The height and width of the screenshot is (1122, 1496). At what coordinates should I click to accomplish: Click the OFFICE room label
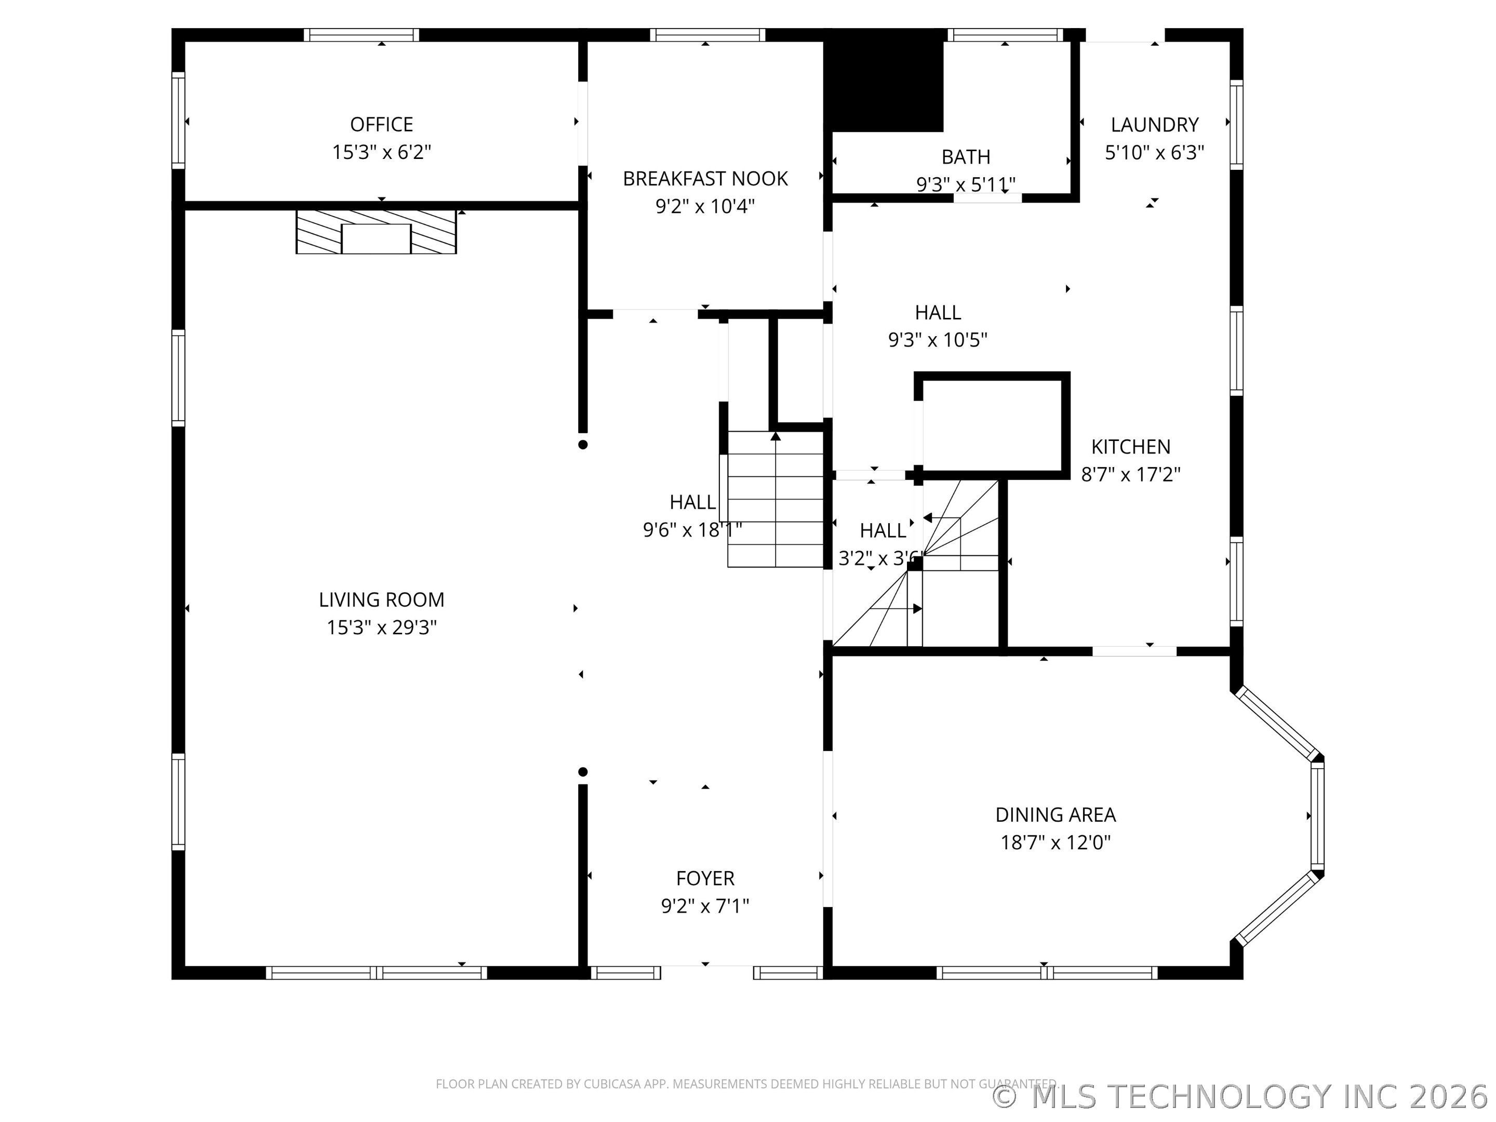point(381,125)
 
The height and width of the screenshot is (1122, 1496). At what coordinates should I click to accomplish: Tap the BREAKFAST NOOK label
point(705,179)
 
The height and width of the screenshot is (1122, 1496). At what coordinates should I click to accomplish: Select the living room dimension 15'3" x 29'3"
point(381,627)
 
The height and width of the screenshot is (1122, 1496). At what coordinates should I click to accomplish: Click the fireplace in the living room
point(376,232)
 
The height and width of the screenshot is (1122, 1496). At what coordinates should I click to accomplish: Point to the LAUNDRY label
point(1154,125)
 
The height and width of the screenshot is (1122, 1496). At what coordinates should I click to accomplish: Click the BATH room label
point(966,157)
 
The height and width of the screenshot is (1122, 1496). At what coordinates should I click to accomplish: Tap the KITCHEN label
point(1131,446)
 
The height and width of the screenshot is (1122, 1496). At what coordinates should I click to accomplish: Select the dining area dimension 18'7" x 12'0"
point(1056,843)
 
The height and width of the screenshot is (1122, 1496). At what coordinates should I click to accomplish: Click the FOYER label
point(705,878)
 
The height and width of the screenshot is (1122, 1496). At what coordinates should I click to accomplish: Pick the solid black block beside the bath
point(883,81)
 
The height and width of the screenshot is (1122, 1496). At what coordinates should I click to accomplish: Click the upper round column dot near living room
point(583,444)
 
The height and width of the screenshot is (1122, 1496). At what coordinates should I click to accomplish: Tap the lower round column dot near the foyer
point(583,772)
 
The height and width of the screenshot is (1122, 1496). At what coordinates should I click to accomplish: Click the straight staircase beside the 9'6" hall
point(775,499)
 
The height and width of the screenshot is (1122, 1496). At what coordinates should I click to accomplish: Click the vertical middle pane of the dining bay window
point(1317,815)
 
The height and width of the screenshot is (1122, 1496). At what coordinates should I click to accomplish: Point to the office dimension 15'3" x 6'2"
point(381,153)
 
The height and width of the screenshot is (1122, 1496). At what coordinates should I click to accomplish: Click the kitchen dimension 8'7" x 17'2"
point(1131,475)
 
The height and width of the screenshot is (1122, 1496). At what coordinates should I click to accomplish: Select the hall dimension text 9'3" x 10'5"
point(938,340)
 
